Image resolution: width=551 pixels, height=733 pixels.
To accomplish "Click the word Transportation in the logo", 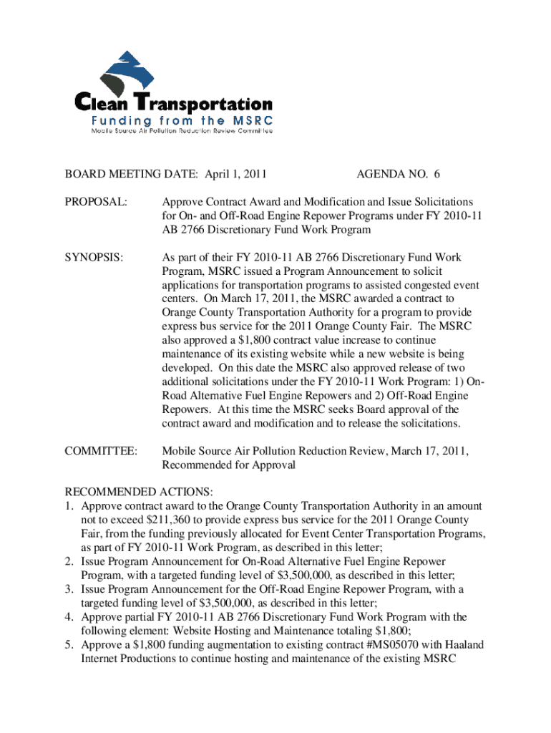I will [x=205, y=105].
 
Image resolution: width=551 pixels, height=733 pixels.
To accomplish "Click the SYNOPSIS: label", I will [x=94, y=257].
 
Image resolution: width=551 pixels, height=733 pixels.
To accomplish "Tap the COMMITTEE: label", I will [x=100, y=451].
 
